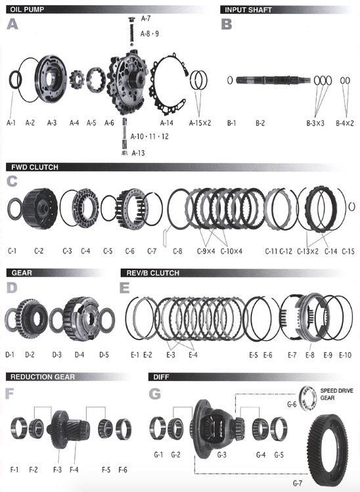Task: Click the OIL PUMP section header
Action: [27, 9]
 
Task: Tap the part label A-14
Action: [166, 123]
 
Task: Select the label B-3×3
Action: [315, 123]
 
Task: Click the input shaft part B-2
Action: [273, 80]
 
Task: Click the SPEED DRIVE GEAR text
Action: [336, 394]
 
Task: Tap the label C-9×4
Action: [206, 251]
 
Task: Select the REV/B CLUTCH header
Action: [152, 273]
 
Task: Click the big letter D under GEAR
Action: [12, 288]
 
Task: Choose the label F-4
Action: [74, 470]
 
